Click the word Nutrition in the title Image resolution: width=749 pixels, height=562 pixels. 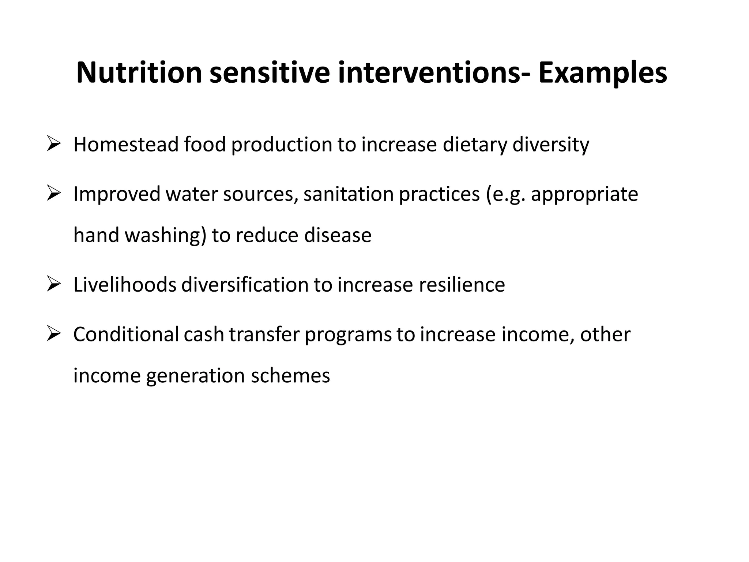click(139, 73)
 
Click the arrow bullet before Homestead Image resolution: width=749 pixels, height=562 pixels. click(53, 144)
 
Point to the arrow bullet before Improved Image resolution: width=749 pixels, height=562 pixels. click(53, 194)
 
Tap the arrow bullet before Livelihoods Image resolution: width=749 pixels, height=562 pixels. click(53, 284)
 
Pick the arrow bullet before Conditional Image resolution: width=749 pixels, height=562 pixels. click(53, 334)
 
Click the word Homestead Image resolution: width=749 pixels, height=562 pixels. click(126, 144)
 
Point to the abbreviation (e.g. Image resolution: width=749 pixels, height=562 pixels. click(506, 195)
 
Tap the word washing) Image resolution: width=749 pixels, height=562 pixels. click(166, 235)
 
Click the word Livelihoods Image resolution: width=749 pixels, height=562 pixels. click(125, 285)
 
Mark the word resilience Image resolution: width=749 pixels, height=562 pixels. click(462, 285)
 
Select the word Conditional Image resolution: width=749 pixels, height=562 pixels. click(126, 334)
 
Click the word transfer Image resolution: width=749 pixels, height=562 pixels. click(264, 334)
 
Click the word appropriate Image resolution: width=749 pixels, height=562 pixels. click(584, 195)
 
